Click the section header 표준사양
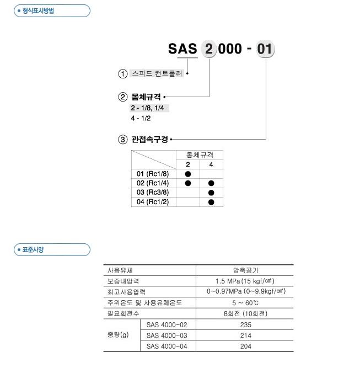click(33, 250)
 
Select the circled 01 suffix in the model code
click(265, 49)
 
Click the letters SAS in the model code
click(182, 49)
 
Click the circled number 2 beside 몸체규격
click(123, 97)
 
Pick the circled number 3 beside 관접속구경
click(123, 140)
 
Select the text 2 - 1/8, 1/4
click(148, 108)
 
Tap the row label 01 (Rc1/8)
click(153, 174)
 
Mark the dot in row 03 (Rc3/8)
click(211, 193)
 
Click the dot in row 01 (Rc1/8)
click(187, 174)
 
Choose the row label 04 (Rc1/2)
click(153, 202)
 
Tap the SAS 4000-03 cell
click(168, 336)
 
